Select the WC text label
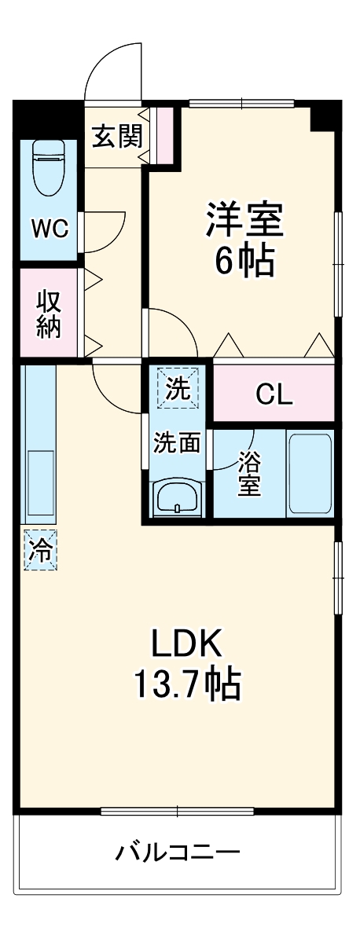pyautogui.click(x=50, y=229)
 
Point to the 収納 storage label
pyautogui.click(x=49, y=313)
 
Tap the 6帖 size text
pyautogui.click(x=244, y=261)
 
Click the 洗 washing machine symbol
pyautogui.click(x=178, y=389)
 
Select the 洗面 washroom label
pyautogui.click(x=177, y=442)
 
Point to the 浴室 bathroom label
pyautogui.click(x=249, y=473)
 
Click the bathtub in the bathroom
pyautogui.click(x=310, y=473)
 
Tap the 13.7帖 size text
pyautogui.click(x=187, y=685)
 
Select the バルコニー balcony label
pyautogui.click(x=178, y=852)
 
